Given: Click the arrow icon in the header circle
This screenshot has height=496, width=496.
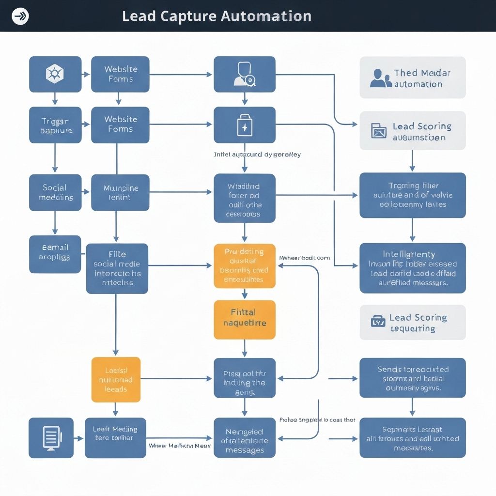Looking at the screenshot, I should coord(20,16).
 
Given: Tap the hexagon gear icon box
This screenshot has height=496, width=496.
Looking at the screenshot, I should coord(55,74).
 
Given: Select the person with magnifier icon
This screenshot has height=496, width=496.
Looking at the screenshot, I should coord(244,74).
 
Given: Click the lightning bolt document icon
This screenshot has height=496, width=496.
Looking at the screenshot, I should coord(244,125).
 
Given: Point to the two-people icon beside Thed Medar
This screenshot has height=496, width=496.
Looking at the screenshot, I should coord(380,78).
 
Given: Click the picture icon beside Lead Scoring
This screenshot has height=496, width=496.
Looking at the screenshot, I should coord(379,131).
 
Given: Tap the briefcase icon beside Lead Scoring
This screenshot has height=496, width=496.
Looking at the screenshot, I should coord(378,321).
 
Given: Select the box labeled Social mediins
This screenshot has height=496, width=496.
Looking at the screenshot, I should coord(55,192).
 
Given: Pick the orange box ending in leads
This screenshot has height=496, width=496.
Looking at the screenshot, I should coord(116,379).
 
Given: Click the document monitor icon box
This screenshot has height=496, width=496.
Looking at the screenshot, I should coord(51,437).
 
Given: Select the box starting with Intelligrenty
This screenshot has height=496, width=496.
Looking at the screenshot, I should coord(412,268).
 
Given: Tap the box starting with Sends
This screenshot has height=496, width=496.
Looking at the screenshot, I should coord(412,378).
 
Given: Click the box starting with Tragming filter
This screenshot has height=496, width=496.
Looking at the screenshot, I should coord(412,195).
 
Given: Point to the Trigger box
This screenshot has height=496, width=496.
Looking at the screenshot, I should coord(55,125).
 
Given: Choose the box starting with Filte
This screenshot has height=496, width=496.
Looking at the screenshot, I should coord(117,268).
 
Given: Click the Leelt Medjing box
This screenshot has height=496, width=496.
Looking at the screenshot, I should coord(115,437).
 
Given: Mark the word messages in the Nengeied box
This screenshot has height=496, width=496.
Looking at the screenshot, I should coord(245,450).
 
